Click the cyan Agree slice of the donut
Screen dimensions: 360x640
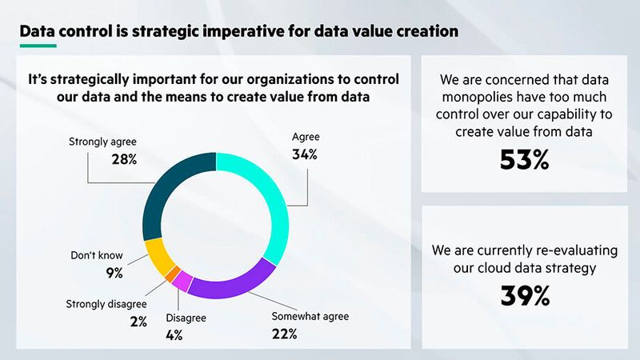point(270,200)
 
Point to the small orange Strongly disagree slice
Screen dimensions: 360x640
point(171,274)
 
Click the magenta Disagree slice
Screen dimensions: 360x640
point(182,282)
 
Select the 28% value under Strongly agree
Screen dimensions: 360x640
point(123,159)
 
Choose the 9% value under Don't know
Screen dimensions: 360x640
point(114,273)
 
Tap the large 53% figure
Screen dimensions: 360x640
point(524,160)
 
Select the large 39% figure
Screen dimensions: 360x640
point(524,296)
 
